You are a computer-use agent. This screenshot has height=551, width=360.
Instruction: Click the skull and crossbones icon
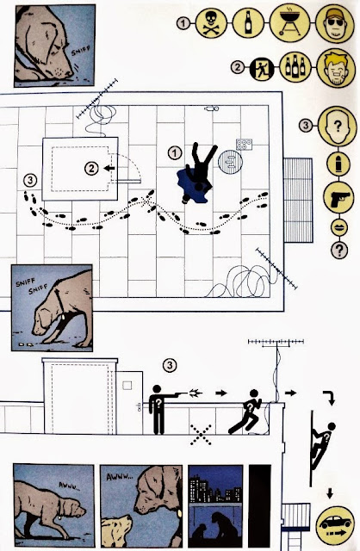(211, 23)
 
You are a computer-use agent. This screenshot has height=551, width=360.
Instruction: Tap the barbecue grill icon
(289, 22)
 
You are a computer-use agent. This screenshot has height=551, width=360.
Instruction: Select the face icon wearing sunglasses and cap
(334, 22)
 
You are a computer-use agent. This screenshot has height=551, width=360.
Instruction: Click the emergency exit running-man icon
(262, 67)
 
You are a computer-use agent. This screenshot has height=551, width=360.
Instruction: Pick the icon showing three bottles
(295, 67)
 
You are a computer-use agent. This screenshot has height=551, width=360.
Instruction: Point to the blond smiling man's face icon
(335, 68)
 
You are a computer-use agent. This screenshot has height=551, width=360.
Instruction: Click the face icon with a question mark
(337, 127)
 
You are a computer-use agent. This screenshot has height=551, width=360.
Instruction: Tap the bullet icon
(338, 164)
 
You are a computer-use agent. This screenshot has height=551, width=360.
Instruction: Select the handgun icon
(338, 197)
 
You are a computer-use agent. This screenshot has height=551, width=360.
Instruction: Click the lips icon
(339, 227)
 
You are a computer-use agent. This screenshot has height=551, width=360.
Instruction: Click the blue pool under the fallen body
(194, 185)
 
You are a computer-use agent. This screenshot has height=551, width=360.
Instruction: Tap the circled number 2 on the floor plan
(91, 169)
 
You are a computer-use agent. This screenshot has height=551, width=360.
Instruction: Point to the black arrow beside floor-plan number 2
(109, 169)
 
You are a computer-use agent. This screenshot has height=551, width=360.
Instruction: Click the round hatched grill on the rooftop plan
(230, 163)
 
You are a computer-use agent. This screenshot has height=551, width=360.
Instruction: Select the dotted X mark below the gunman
(201, 435)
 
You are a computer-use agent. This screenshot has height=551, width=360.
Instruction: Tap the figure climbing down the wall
(322, 446)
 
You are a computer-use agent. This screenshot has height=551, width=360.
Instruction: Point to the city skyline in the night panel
(215, 489)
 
